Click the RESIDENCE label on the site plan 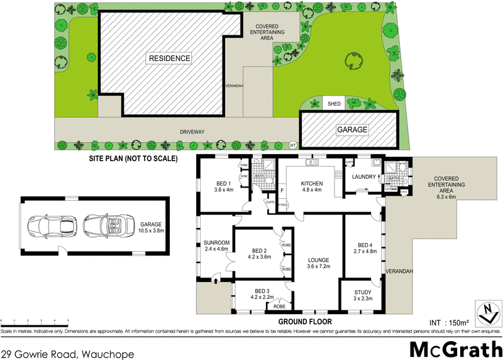(169, 58)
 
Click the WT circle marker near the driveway (292, 145)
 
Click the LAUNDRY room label (363, 177)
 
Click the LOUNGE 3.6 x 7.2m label (319, 264)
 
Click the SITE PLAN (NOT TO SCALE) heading (134, 158)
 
